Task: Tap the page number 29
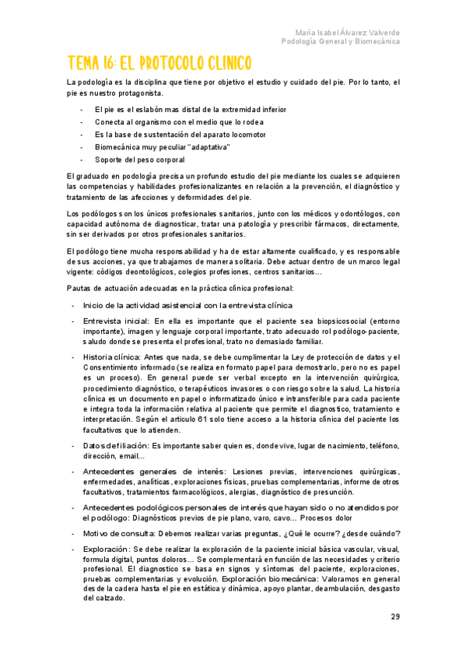point(395,617)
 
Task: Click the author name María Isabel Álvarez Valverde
point(348,32)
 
